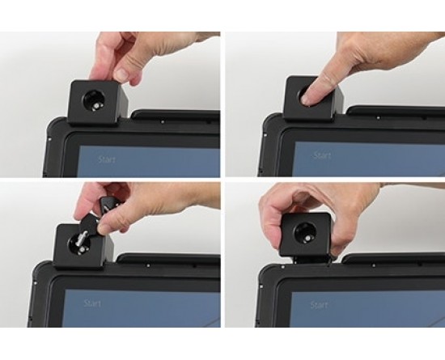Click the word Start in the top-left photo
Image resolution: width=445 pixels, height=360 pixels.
tap(107, 159)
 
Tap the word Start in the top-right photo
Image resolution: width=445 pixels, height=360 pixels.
tap(322, 155)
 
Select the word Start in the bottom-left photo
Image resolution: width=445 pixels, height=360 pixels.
tap(92, 303)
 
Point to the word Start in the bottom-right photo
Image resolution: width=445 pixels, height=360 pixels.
tap(319, 305)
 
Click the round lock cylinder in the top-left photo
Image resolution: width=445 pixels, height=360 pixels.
tap(94, 101)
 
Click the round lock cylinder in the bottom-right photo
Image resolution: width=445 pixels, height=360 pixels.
tap(303, 232)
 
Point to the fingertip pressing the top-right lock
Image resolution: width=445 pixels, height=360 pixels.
tap(307, 100)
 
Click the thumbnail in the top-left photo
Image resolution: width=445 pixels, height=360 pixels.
tap(121, 74)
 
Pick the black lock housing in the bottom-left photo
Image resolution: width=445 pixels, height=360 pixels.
tap(83, 246)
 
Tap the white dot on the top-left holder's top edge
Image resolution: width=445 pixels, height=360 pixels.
tap(163, 122)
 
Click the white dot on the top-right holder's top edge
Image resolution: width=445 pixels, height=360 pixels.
tap(378, 118)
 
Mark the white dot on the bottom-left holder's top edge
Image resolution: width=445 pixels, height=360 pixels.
tap(148, 265)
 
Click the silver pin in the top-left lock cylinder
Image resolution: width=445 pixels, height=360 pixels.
tap(97, 106)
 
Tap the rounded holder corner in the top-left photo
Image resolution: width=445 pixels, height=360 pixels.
tap(53, 125)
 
